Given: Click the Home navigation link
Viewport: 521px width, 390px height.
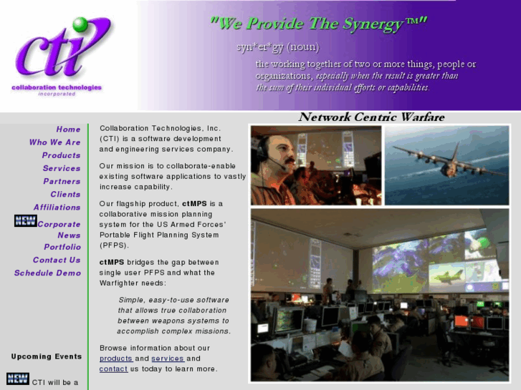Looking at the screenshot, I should [x=69, y=130].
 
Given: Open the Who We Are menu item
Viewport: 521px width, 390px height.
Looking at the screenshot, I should [x=55, y=142].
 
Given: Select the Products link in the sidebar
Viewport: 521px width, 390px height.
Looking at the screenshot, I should [x=61, y=155].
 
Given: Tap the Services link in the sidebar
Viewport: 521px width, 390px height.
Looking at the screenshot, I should [x=62, y=168].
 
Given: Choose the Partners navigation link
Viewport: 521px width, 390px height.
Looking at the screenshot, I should [x=62, y=181].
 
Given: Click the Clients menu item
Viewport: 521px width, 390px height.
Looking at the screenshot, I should [x=65, y=194].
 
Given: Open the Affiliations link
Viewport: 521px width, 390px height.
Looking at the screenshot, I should [x=57, y=207].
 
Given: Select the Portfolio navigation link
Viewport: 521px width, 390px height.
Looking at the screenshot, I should [x=62, y=247].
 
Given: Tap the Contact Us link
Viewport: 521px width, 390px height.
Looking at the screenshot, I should [x=57, y=260].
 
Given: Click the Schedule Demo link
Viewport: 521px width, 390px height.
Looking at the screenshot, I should [x=47, y=273].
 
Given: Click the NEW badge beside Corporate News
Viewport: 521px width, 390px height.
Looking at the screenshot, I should [x=25, y=221].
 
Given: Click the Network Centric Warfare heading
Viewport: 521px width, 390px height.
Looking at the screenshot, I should [x=371, y=117].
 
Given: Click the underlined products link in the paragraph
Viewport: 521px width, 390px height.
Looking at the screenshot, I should [x=116, y=359].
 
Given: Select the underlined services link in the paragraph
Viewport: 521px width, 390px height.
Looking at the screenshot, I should [x=168, y=359].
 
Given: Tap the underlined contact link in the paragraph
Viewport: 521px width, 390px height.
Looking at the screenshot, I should [x=113, y=369].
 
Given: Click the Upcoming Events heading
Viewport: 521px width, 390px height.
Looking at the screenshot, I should [x=47, y=356].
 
